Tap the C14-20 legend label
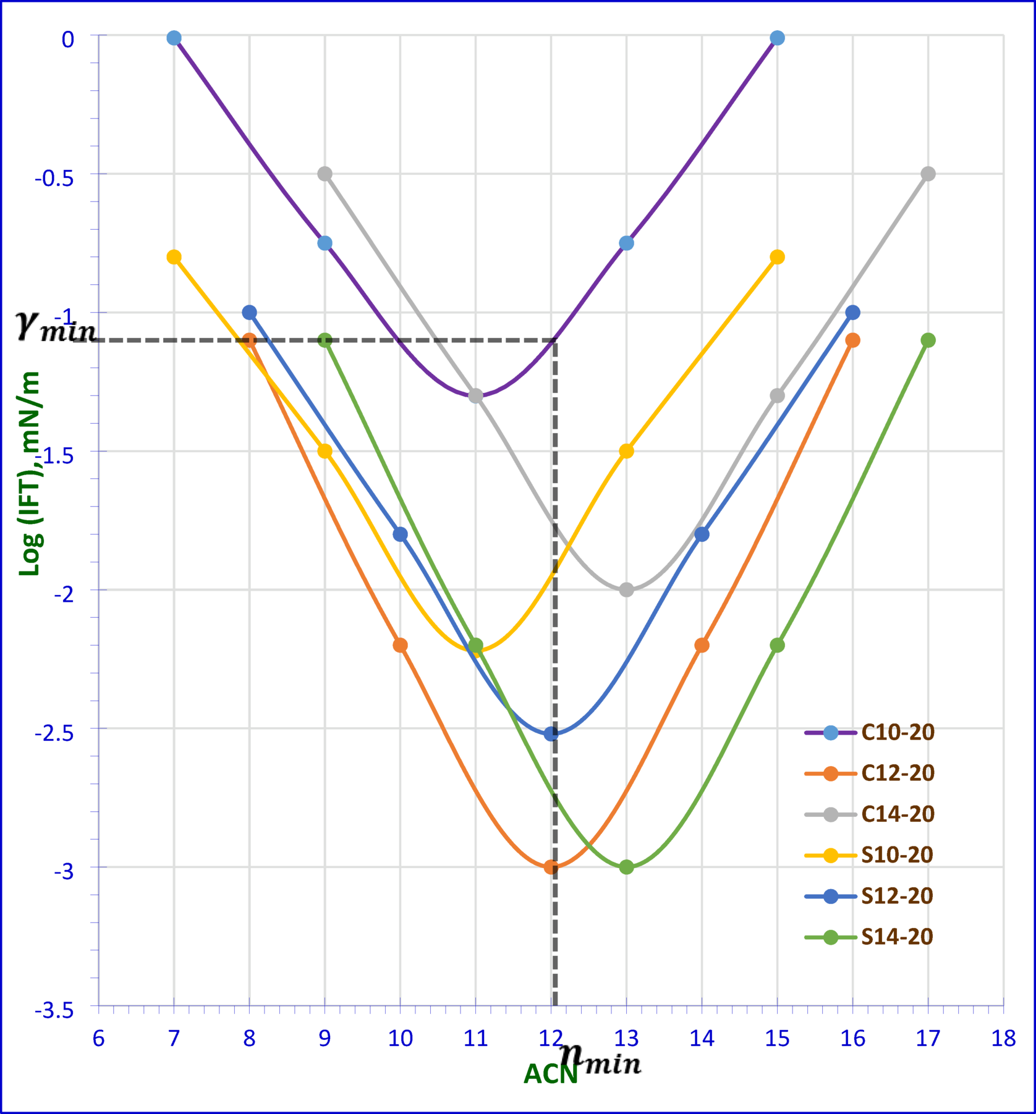coord(898,814)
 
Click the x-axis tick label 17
coord(927,1039)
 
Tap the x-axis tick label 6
coord(98,1039)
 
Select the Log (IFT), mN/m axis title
coord(29,474)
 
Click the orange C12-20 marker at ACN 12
coord(551,867)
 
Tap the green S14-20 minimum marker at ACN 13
coord(626,867)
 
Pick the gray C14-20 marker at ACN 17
coord(927,174)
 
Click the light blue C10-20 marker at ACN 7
coord(174,38)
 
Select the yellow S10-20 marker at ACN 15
coord(777,257)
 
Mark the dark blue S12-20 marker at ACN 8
coord(249,313)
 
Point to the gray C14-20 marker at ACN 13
coord(626,590)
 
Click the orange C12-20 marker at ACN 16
coord(852,340)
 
